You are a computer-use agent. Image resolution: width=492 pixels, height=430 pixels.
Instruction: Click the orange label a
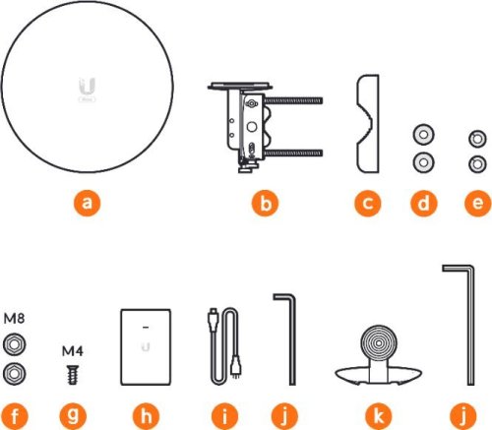[x=87, y=203]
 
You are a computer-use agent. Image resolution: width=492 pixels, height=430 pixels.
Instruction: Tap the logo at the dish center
[x=88, y=91]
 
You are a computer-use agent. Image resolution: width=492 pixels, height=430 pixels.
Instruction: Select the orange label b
[x=265, y=203]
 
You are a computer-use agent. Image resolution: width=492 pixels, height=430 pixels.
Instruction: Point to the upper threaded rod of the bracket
[x=293, y=100]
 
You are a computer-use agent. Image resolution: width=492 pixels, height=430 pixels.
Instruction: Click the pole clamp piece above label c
[x=368, y=124]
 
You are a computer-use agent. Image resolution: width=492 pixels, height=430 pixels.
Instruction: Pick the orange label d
[x=424, y=203]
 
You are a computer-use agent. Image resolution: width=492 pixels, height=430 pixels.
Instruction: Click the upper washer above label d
[x=423, y=135]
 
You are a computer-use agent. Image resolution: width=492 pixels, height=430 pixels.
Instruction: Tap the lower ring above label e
[x=477, y=163]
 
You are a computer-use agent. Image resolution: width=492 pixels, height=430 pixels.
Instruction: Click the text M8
[x=14, y=318]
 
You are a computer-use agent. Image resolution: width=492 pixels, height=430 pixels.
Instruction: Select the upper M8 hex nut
[x=14, y=344]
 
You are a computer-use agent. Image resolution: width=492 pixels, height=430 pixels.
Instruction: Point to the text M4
[x=73, y=351]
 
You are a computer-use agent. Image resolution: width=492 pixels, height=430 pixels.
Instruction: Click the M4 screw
[x=73, y=375]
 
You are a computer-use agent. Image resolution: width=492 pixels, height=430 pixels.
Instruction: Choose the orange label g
[x=73, y=416]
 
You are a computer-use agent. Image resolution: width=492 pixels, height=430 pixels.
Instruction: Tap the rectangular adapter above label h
[x=146, y=347]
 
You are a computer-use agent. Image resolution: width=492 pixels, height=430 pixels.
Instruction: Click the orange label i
[x=224, y=416]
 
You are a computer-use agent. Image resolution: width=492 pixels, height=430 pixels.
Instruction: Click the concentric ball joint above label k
[x=379, y=342]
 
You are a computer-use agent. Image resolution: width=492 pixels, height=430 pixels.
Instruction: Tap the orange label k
[x=379, y=416]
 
